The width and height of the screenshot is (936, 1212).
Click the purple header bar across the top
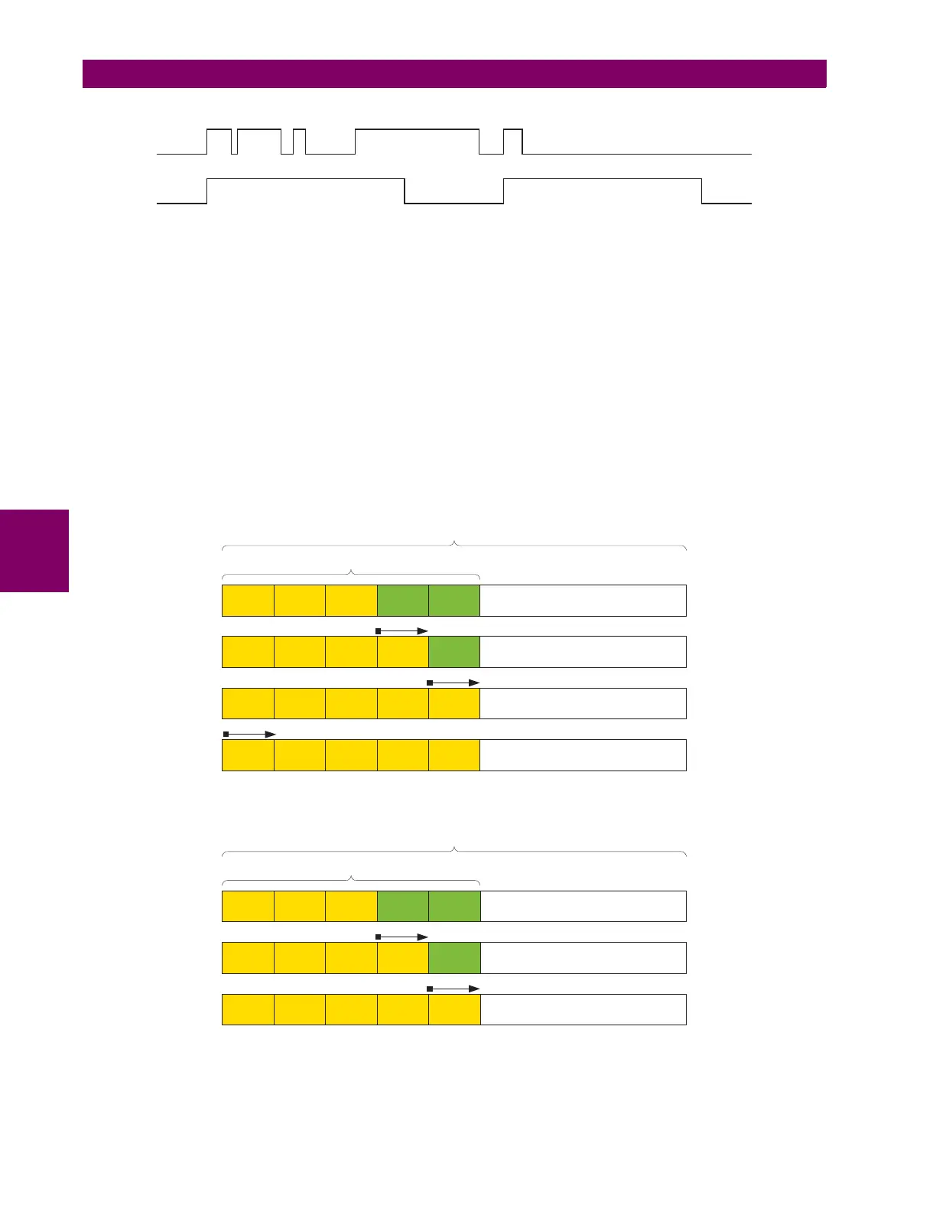pyautogui.click(x=454, y=73)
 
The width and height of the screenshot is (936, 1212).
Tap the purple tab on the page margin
pyautogui.click(x=34, y=550)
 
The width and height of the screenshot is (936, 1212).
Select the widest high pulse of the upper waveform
pyautogui.click(x=417, y=142)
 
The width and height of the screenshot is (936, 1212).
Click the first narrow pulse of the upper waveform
pyautogui.click(x=219, y=142)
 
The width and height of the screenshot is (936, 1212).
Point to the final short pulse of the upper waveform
pyautogui.click(x=512, y=142)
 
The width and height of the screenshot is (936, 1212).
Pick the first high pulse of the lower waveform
pyautogui.click(x=305, y=191)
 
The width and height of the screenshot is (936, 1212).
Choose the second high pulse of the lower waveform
pyautogui.click(x=602, y=191)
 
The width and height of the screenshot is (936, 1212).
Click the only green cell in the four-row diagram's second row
pyautogui.click(x=454, y=652)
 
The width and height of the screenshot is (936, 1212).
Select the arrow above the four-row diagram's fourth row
pyautogui.click(x=249, y=734)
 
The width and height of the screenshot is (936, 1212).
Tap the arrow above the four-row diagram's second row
pyautogui.click(x=402, y=631)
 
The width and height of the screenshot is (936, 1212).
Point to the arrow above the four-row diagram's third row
pyautogui.click(x=453, y=683)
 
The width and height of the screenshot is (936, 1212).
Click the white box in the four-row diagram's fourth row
pyautogui.click(x=583, y=755)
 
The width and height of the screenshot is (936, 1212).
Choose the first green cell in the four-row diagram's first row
pyautogui.click(x=403, y=601)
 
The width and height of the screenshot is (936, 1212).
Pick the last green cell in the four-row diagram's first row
pyautogui.click(x=454, y=601)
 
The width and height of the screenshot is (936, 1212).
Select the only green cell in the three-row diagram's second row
pyautogui.click(x=454, y=958)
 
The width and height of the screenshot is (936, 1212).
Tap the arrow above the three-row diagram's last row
pyautogui.click(x=453, y=989)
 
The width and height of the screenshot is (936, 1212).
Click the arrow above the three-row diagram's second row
pyautogui.click(x=402, y=937)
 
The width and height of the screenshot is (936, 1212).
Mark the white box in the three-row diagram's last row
pyautogui.click(x=583, y=1009)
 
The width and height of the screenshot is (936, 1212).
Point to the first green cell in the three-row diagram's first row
pyautogui.click(x=403, y=907)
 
